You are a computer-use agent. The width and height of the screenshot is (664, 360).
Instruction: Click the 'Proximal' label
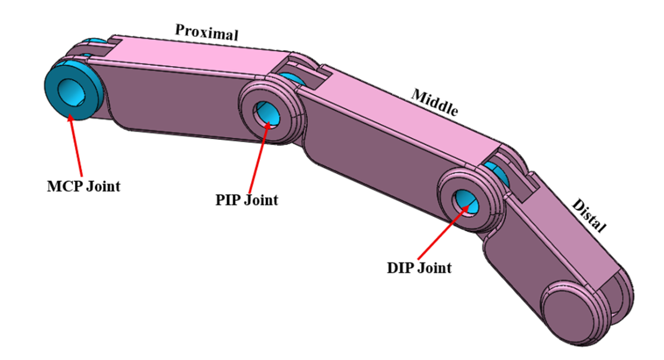(206, 32)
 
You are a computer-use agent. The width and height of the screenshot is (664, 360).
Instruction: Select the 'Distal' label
(589, 215)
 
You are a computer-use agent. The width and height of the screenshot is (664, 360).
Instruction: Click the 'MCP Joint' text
(83, 186)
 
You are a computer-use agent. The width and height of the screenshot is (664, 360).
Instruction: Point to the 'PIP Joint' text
(247, 199)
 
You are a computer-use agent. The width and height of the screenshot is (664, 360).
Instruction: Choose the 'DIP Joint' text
(419, 268)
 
